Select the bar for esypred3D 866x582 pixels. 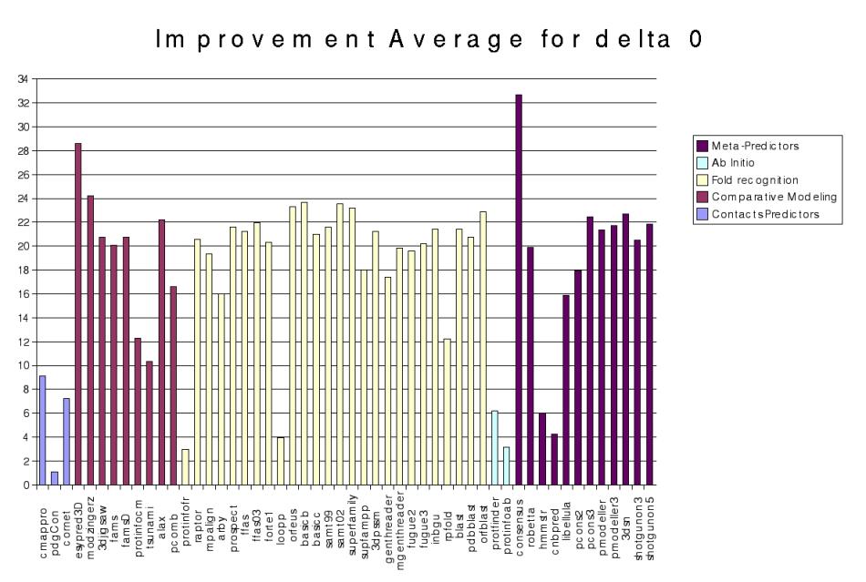[78, 314]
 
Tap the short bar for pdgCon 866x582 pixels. [55, 478]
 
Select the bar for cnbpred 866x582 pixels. [554, 459]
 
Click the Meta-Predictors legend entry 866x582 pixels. [747, 144]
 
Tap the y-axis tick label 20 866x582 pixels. [25, 246]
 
